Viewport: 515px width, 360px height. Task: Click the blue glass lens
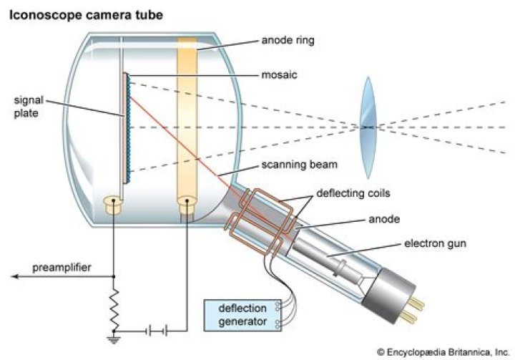click(x=367, y=127)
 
